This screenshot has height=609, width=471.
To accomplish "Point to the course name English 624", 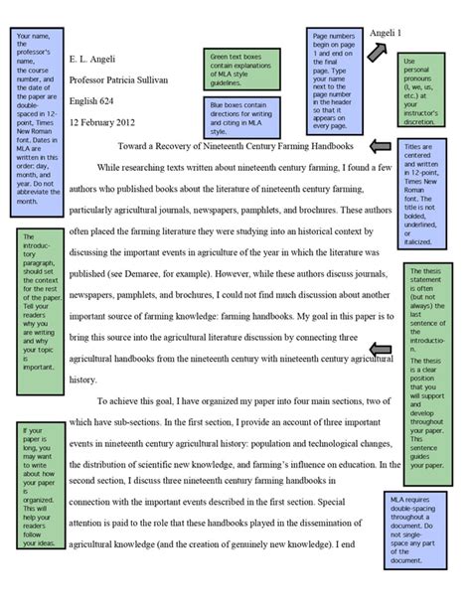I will (95, 101).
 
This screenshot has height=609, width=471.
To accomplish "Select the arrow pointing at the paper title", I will (381, 147).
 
